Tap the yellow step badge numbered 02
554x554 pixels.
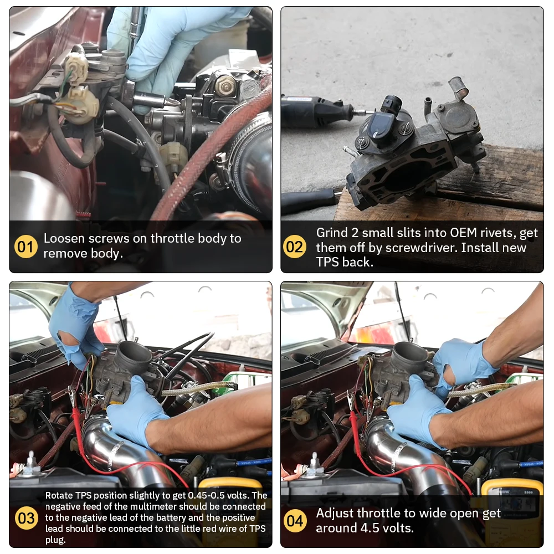294,247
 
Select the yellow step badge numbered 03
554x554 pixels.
25,519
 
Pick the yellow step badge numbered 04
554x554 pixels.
294,521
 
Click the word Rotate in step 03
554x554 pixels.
58,495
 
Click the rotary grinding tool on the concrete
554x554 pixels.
316,111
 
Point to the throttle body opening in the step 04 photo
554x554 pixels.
410,352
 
